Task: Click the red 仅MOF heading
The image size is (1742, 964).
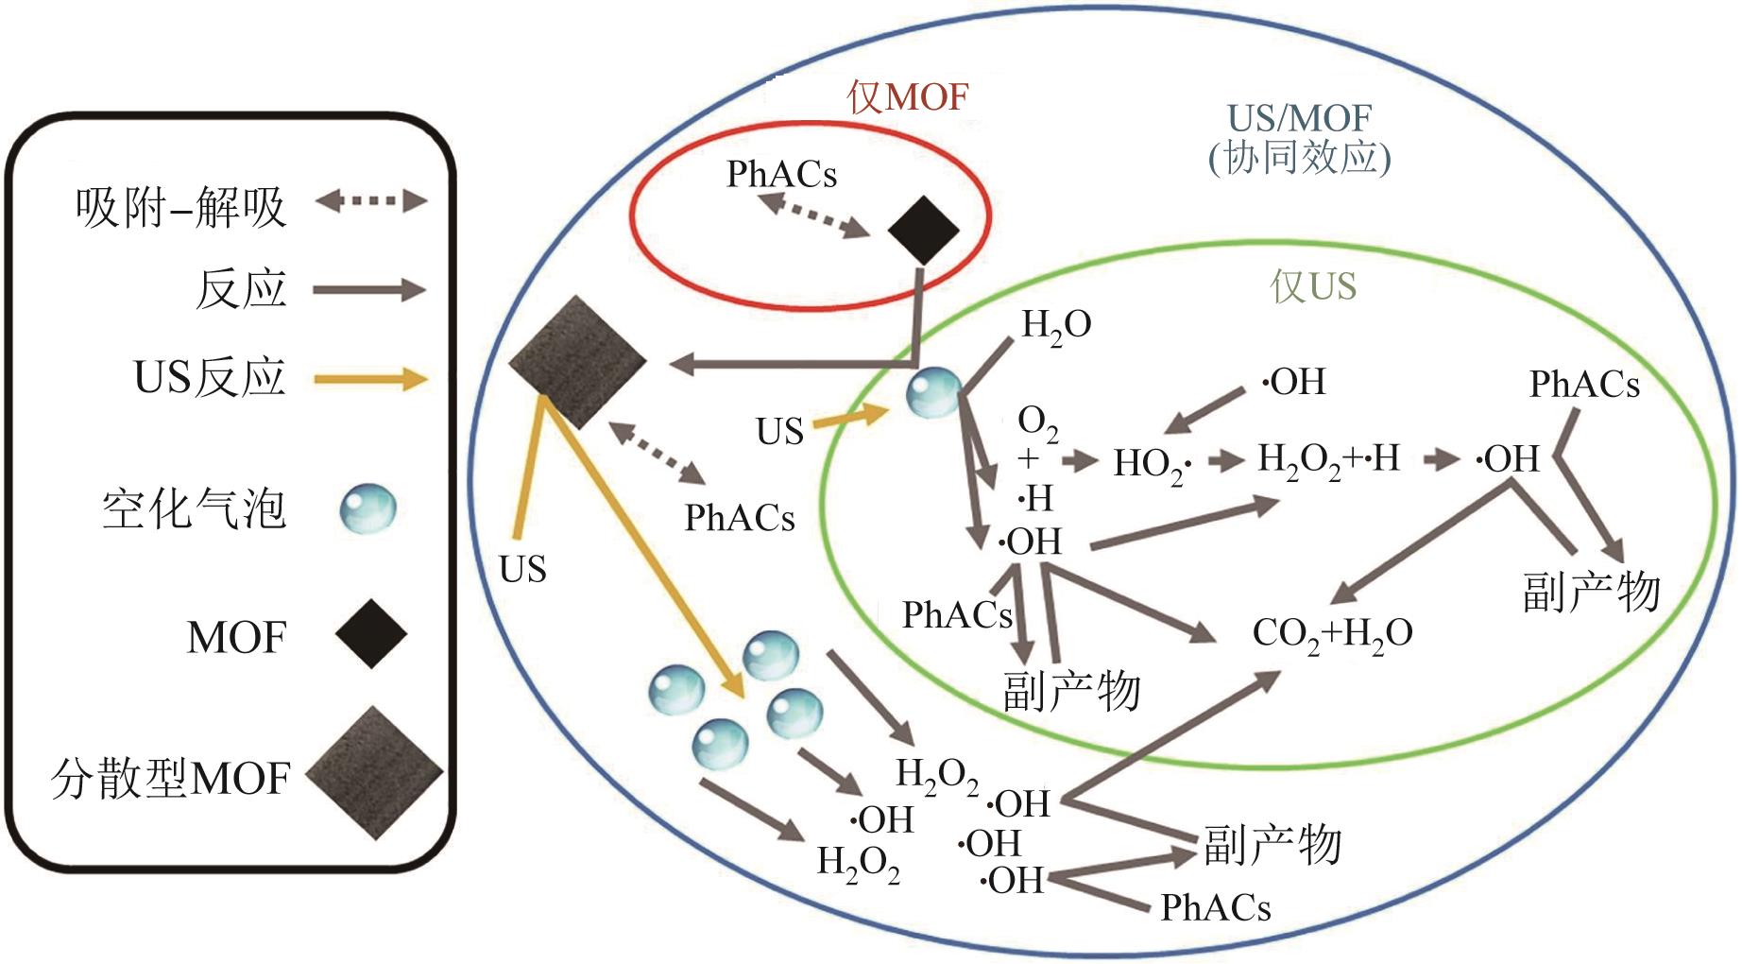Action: (908, 96)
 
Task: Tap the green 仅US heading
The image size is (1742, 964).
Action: (1313, 285)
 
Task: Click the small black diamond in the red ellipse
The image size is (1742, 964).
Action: (923, 230)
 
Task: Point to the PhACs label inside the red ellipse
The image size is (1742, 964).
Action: (781, 174)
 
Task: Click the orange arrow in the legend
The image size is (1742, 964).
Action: (370, 380)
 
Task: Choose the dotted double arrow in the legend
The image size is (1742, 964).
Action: (370, 200)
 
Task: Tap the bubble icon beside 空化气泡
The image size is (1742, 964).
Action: (367, 509)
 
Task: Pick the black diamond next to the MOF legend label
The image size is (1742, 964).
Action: (370, 634)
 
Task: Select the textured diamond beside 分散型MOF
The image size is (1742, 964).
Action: (374, 773)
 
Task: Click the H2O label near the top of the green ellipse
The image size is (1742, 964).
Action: (1056, 326)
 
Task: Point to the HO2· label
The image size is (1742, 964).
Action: (1152, 464)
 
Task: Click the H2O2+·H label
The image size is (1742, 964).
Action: (1328, 460)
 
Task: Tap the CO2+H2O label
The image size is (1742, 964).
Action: (1332, 633)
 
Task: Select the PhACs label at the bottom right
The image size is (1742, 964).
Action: (1215, 907)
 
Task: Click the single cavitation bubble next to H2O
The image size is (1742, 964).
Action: (933, 393)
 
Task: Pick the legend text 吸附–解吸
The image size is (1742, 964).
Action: (180, 207)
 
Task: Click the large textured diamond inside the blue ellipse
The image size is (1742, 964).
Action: (577, 362)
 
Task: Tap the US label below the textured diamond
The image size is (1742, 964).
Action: (522, 569)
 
